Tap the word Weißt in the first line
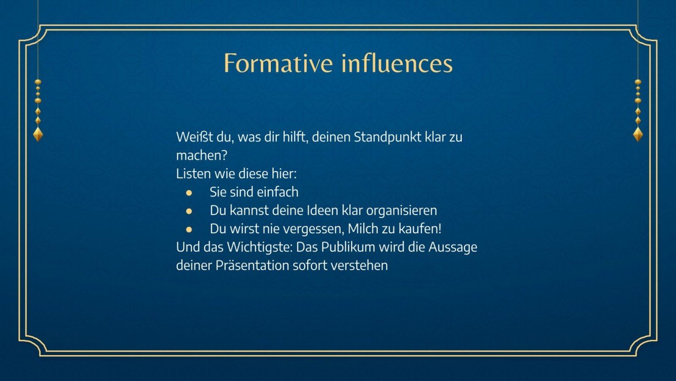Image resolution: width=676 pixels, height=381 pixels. tap(191, 137)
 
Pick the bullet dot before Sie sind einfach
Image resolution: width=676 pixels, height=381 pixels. tap(189, 192)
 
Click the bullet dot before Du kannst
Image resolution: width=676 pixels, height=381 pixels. tap(189, 210)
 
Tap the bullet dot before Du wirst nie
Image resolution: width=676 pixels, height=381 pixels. tap(189, 229)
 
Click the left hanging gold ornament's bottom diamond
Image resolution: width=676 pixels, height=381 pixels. tap(38, 134)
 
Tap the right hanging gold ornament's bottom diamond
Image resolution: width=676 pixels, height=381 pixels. tap(638, 134)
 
